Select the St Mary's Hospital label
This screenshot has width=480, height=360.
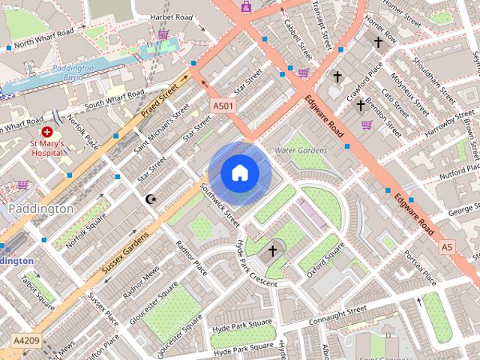(x=46, y=148)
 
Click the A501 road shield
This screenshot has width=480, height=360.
(x=223, y=106)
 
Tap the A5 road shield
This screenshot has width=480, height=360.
(x=447, y=246)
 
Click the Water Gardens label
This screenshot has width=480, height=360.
(x=301, y=151)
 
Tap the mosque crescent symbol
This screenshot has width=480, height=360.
(x=149, y=199)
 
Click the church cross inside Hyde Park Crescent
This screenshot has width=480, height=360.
(x=272, y=250)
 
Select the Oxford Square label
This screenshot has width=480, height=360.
(x=325, y=260)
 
